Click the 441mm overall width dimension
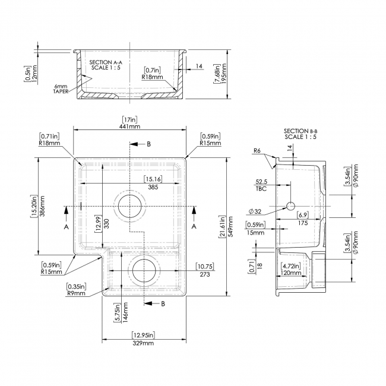pos(130,126)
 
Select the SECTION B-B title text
pos(300,134)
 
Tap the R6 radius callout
pos(257,151)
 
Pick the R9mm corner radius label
pos(76,293)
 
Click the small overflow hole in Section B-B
pos(290,205)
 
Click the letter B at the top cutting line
pos(148,144)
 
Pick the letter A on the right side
pos(194,227)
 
